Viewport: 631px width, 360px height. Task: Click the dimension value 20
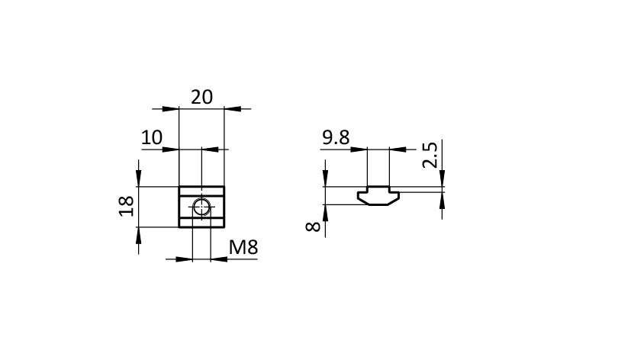coord(201,98)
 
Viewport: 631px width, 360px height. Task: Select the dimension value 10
coord(152,137)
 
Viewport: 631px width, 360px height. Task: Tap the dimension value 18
coord(127,206)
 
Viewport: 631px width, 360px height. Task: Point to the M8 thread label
coord(243,247)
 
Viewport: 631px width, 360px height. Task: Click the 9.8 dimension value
coord(336,137)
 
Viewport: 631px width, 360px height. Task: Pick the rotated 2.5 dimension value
coord(430,155)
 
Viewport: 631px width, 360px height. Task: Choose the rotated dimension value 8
coord(313,227)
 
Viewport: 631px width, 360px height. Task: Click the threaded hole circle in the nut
coord(201,207)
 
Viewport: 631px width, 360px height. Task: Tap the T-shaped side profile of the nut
coord(378,196)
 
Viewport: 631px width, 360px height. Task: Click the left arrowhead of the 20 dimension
coord(171,108)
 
